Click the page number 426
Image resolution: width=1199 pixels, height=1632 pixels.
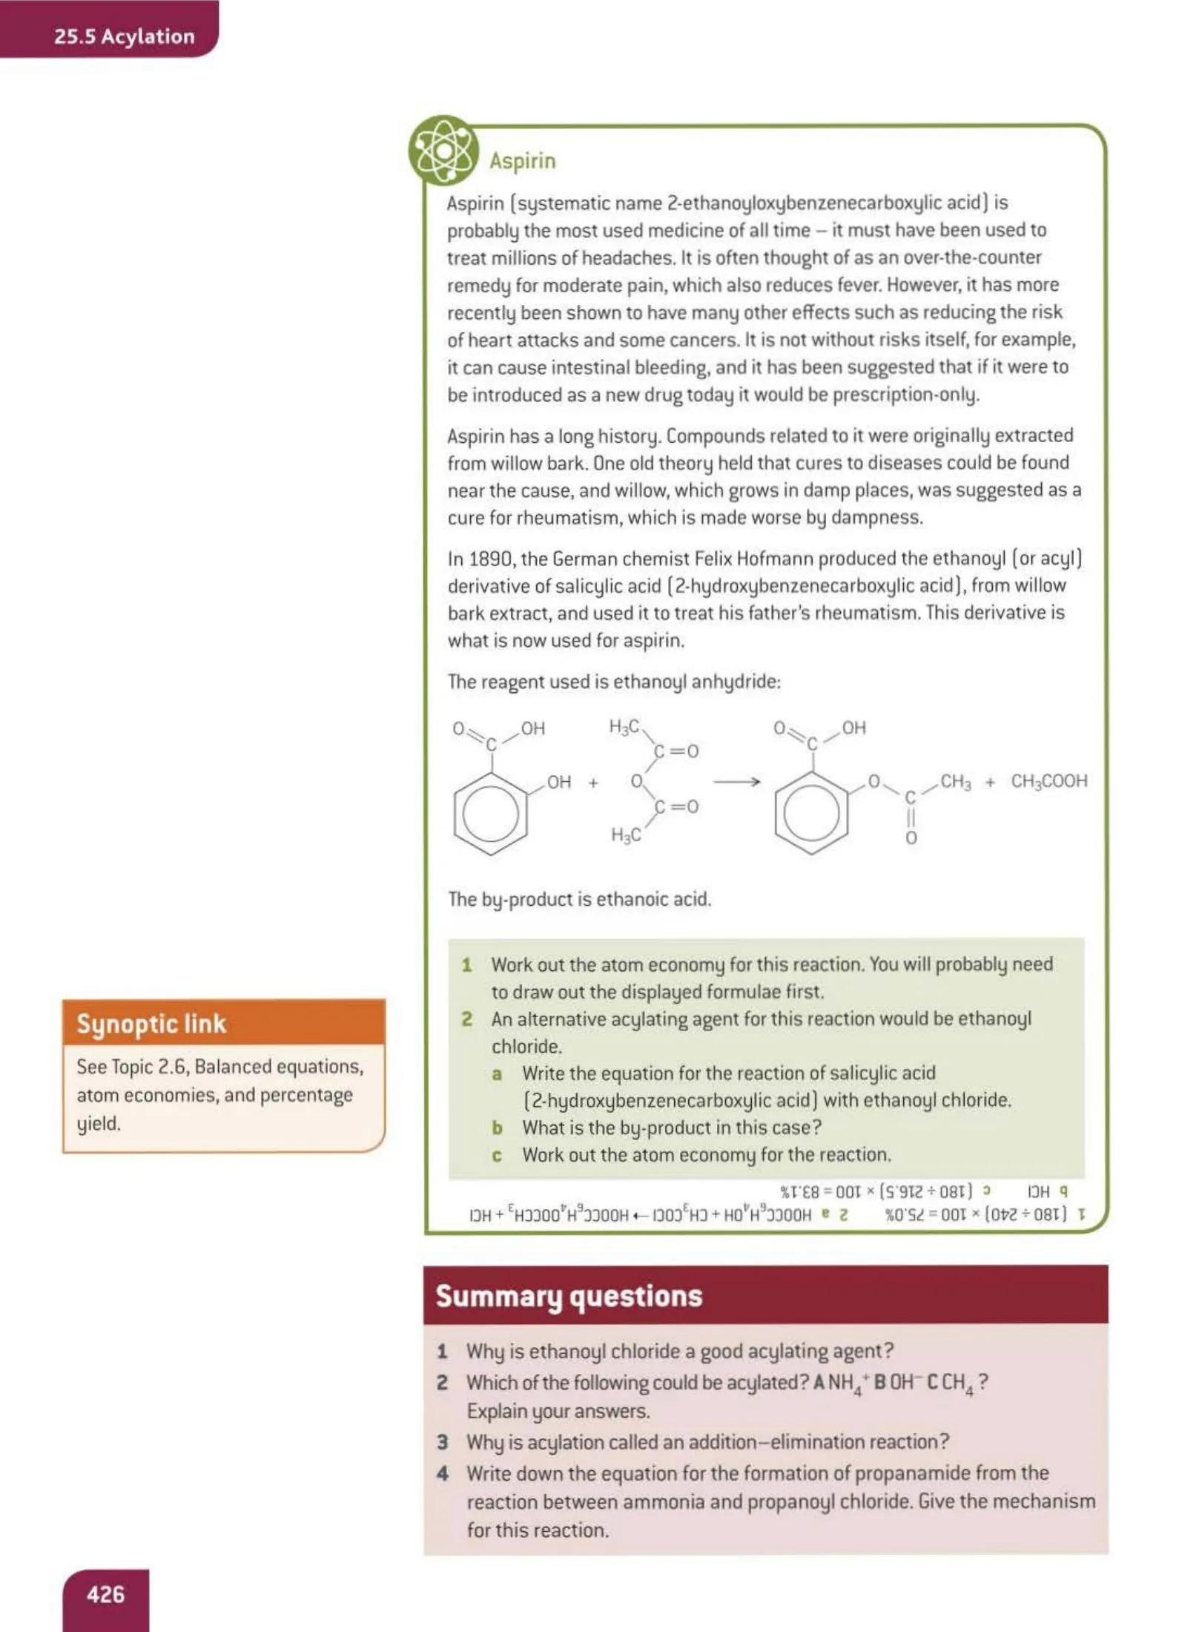click(105, 1593)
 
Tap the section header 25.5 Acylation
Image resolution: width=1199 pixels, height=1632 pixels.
click(124, 36)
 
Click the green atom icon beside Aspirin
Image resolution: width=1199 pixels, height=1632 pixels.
click(443, 151)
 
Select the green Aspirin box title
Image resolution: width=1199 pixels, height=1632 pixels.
click(522, 160)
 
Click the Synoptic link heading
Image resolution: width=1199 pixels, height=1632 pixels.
click(151, 1024)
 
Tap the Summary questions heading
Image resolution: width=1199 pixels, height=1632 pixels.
click(569, 1296)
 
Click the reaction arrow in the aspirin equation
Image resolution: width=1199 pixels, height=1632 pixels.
click(736, 782)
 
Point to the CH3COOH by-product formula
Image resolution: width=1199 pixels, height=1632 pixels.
click(1048, 781)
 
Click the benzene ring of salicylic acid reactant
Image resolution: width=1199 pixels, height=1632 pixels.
click(490, 814)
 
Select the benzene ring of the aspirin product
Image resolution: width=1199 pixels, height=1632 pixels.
click(811, 814)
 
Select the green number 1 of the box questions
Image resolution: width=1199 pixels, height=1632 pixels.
click(466, 965)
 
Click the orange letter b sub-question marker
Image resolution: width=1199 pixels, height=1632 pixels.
click(497, 1128)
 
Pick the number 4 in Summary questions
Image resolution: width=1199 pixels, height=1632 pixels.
click(443, 1473)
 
